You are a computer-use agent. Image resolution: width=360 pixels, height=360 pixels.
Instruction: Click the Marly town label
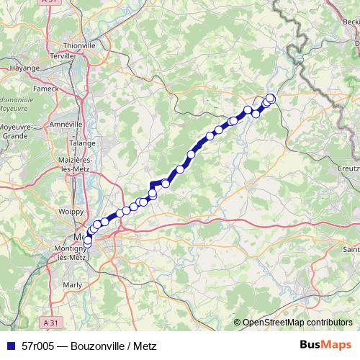(x=73, y=284)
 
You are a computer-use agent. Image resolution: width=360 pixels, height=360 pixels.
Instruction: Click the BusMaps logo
(x=326, y=345)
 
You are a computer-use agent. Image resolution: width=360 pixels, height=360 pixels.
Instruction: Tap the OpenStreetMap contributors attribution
(x=297, y=323)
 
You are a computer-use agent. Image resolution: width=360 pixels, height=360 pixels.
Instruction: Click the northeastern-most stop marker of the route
(x=271, y=98)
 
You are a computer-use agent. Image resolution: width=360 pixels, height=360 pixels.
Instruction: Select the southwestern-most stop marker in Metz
(x=87, y=246)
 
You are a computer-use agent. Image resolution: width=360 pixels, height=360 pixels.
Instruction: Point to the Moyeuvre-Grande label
(x=14, y=130)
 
